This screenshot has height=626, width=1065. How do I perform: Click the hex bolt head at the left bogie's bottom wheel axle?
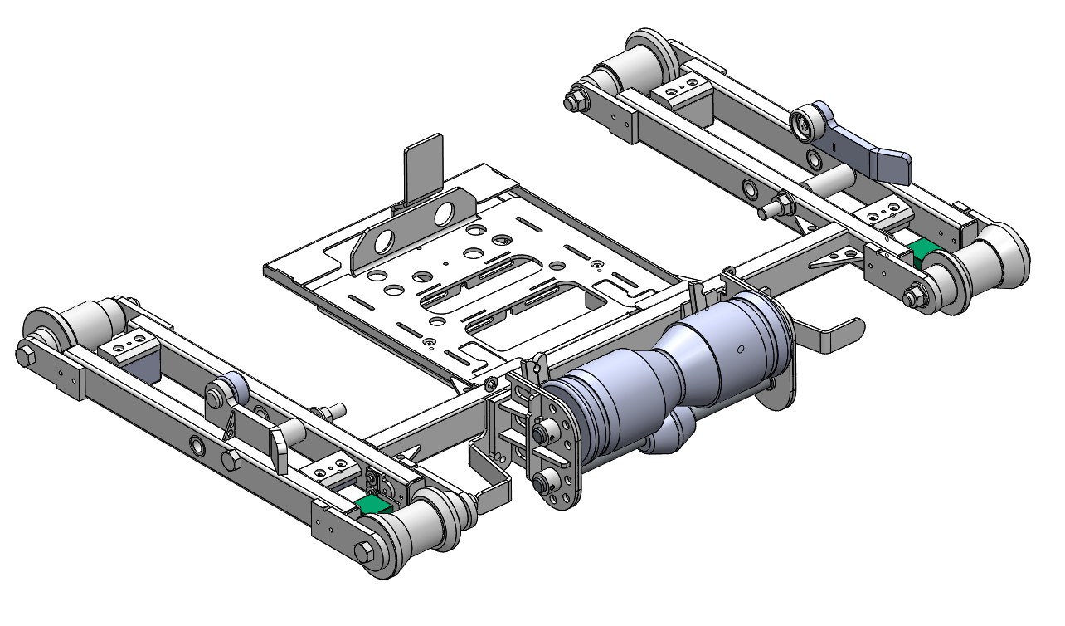363,554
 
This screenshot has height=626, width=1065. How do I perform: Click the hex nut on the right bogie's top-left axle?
571,101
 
